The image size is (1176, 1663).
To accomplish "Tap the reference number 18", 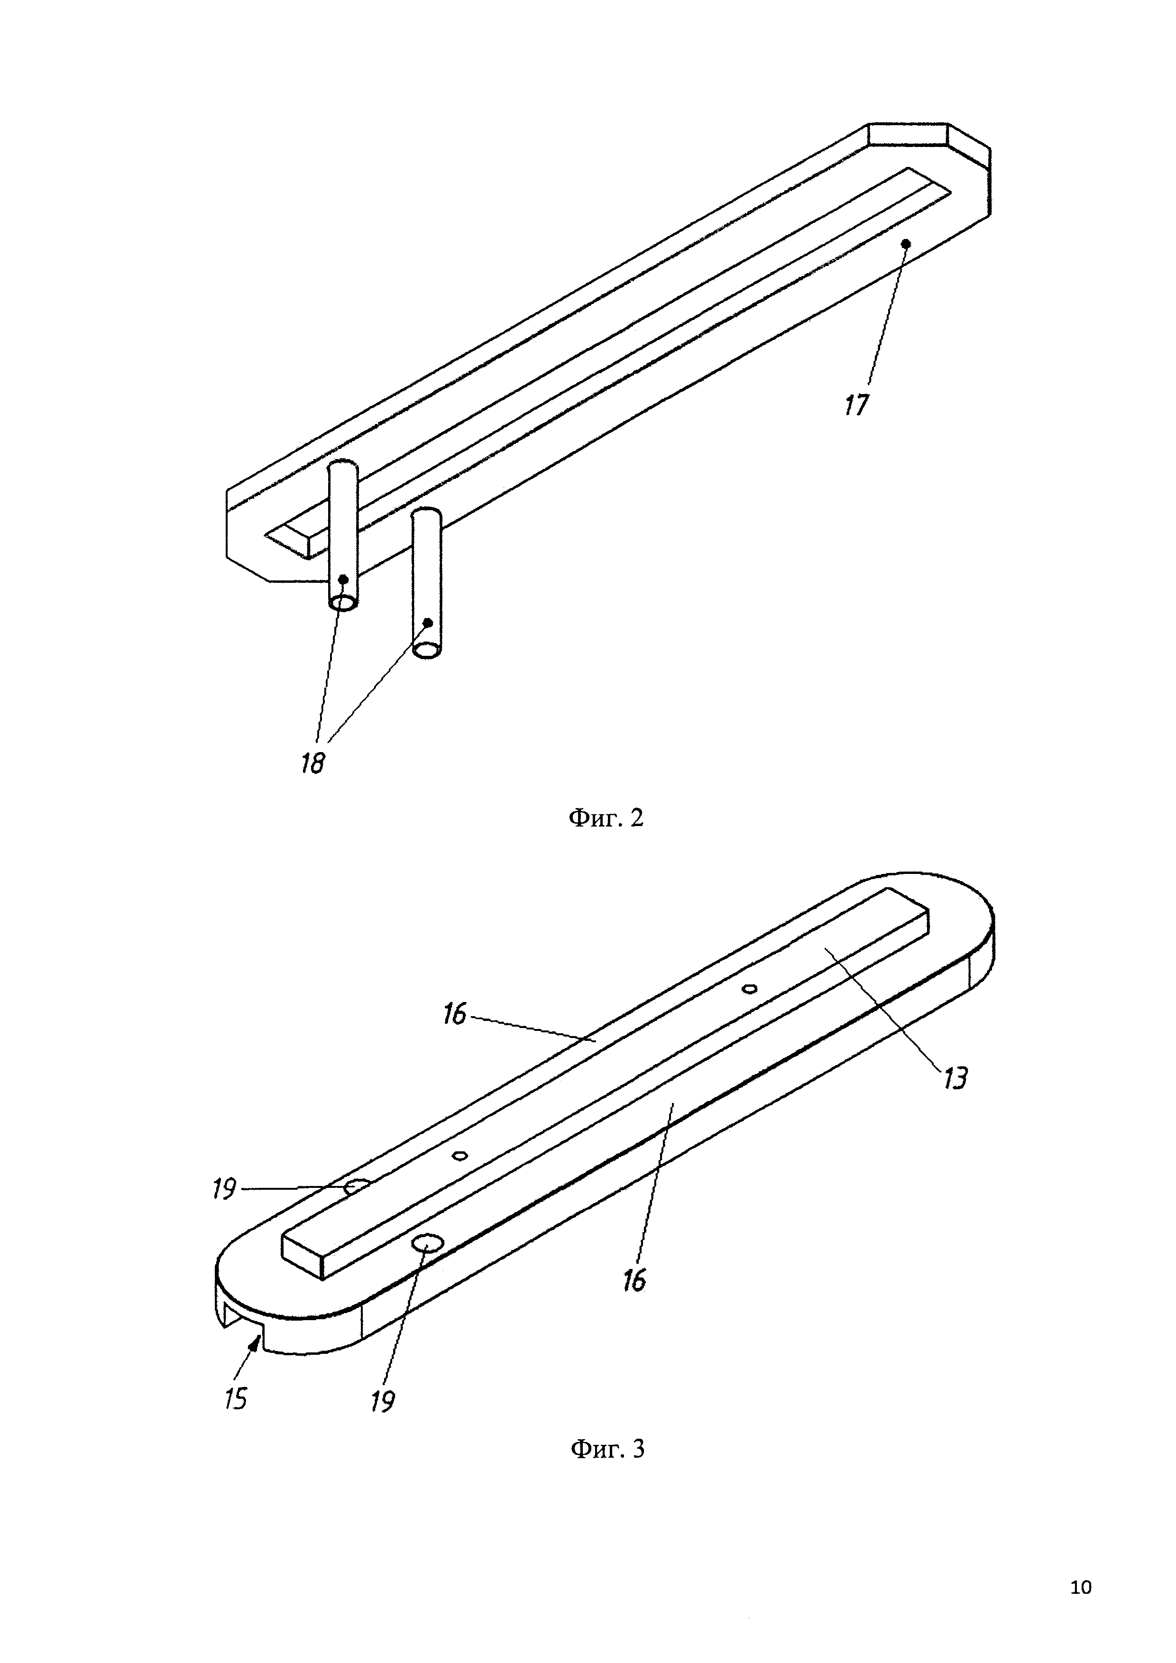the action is tap(313, 763).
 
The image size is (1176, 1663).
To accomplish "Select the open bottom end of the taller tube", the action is tap(342, 603).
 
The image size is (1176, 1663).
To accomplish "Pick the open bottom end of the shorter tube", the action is tap(426, 650).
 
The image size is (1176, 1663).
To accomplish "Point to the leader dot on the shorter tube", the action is tap(428, 622).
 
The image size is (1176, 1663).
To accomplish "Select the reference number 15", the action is tap(236, 1398).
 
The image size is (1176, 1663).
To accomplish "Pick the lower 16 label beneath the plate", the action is tap(634, 1281).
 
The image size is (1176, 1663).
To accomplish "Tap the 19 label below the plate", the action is tap(382, 1402).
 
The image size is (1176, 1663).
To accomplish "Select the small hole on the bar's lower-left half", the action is tap(459, 1155).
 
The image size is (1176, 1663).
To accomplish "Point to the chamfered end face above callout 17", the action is tap(909, 135).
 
